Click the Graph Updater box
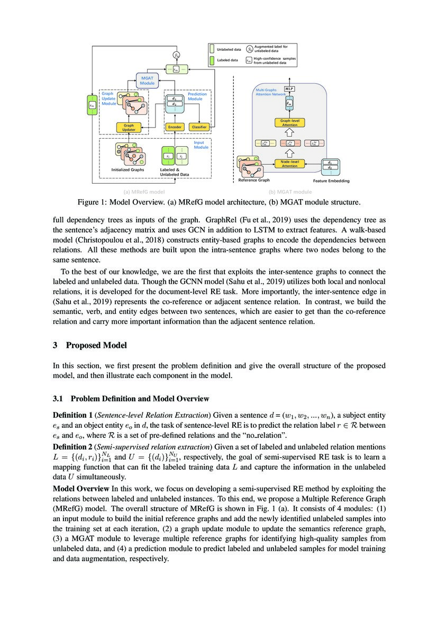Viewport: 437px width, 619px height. point(129,127)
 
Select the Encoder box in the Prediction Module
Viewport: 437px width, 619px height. point(174,127)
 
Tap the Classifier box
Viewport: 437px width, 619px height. point(199,127)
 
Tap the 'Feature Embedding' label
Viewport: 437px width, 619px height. point(331,181)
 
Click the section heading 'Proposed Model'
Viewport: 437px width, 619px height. point(96,345)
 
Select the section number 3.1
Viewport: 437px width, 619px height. point(59,399)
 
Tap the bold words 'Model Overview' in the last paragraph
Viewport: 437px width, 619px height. point(79,488)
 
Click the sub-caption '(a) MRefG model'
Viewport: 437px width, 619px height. point(143,192)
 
